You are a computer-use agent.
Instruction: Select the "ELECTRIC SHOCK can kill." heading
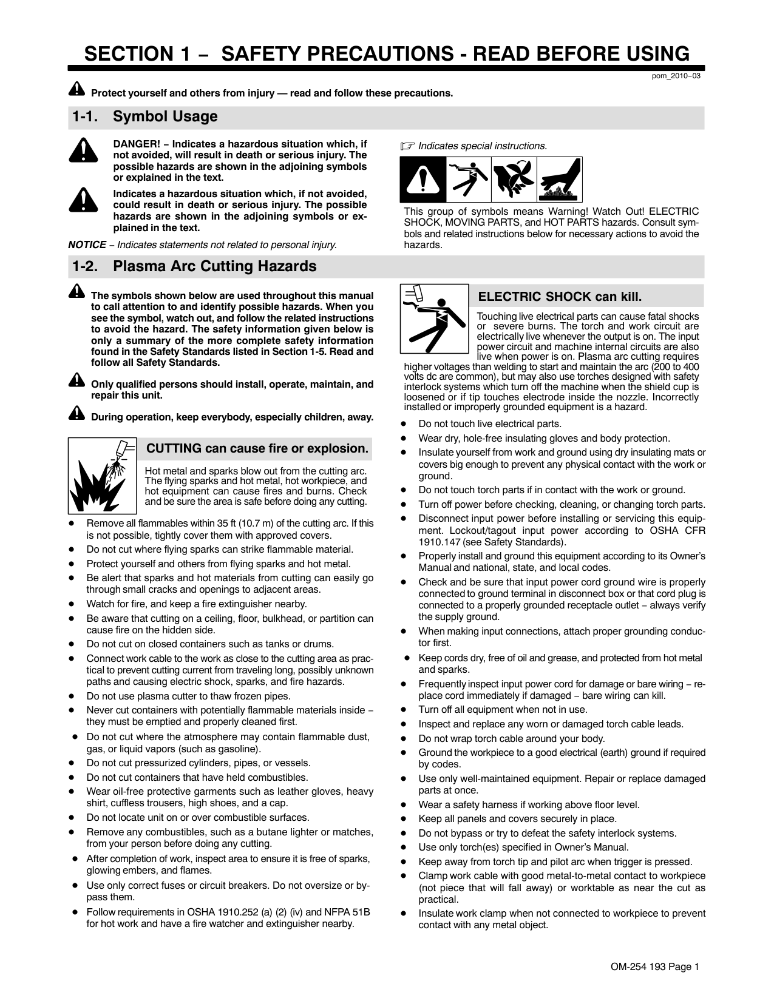(x=560, y=297)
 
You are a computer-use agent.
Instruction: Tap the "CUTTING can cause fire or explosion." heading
(x=258, y=448)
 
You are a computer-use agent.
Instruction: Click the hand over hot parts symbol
(x=560, y=180)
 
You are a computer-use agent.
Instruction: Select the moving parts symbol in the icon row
(x=513, y=180)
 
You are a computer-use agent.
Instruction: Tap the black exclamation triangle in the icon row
(x=423, y=180)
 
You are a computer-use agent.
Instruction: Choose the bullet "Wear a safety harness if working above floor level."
(x=529, y=804)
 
